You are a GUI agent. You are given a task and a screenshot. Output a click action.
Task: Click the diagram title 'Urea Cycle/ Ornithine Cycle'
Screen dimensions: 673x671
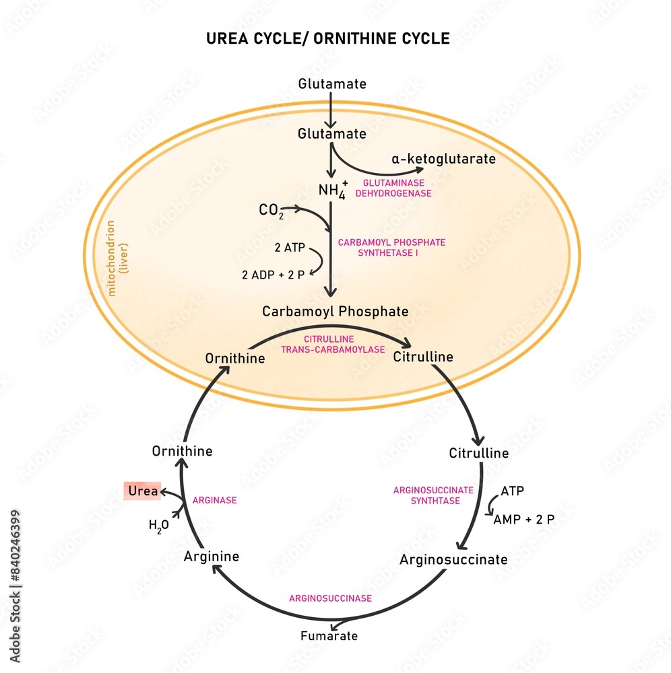(327, 39)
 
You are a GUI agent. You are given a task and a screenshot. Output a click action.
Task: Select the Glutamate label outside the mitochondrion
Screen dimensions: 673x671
(332, 84)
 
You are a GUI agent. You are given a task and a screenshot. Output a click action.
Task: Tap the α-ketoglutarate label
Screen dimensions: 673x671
(443, 160)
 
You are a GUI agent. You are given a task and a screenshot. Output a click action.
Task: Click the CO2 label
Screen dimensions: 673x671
(271, 211)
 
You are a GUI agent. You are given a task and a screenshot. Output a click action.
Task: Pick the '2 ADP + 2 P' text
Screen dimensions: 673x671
(271, 275)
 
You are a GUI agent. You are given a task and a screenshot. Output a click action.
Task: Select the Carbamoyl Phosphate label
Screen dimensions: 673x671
(335, 312)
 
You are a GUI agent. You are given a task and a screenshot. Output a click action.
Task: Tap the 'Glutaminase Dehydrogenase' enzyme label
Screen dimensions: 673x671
(397, 188)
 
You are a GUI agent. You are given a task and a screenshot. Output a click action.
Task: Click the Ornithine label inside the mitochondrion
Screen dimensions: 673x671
(235, 358)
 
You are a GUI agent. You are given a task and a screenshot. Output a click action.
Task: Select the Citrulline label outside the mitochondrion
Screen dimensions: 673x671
(478, 453)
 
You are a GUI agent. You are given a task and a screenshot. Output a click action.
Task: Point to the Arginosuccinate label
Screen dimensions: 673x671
(453, 559)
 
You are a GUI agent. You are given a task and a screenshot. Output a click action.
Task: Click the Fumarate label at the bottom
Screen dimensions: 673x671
(329, 635)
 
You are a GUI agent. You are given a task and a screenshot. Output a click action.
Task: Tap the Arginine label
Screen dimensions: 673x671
(211, 557)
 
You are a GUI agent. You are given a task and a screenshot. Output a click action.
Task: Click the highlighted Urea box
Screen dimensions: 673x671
(142, 491)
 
